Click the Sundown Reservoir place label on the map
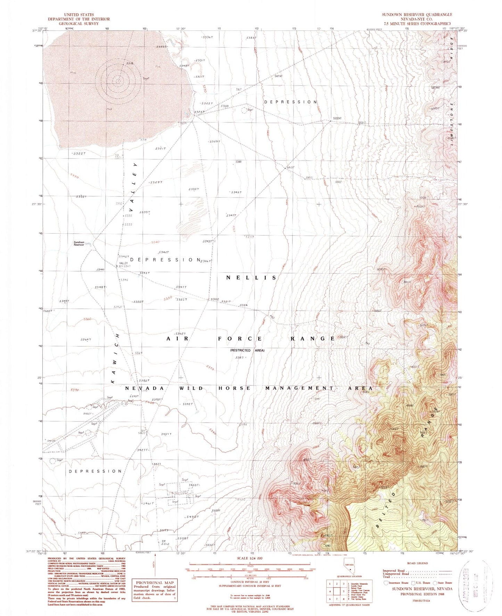tap(79, 243)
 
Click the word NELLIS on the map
tap(252, 278)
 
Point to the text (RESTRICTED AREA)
tap(247, 350)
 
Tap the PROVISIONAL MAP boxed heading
tap(154, 582)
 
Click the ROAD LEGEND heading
tap(417, 563)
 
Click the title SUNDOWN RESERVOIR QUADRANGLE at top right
tap(417, 15)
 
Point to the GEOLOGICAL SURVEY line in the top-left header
tap(79, 24)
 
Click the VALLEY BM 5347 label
tap(124, 265)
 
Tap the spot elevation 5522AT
tap(337, 118)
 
